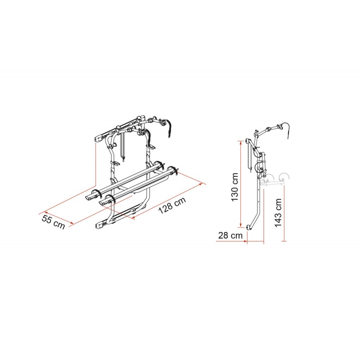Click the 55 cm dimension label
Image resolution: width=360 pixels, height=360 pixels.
tap(53, 222)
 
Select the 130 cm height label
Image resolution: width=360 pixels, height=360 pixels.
tap(234, 187)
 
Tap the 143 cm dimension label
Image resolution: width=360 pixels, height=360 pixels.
tap(278, 212)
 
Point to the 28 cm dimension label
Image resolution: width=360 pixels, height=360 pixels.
tap(230, 235)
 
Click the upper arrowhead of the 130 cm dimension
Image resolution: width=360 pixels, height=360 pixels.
tap(240, 143)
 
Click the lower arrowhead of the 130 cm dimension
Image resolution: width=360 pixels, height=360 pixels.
tap(240, 225)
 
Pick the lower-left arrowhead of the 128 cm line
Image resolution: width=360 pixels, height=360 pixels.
tap(133, 218)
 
